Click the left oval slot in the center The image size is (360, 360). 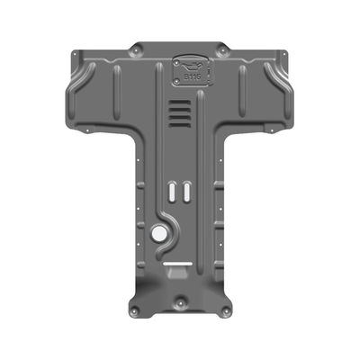[x=171, y=192]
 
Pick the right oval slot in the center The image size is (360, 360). [x=184, y=192]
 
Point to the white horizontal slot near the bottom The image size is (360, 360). [x=178, y=265]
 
